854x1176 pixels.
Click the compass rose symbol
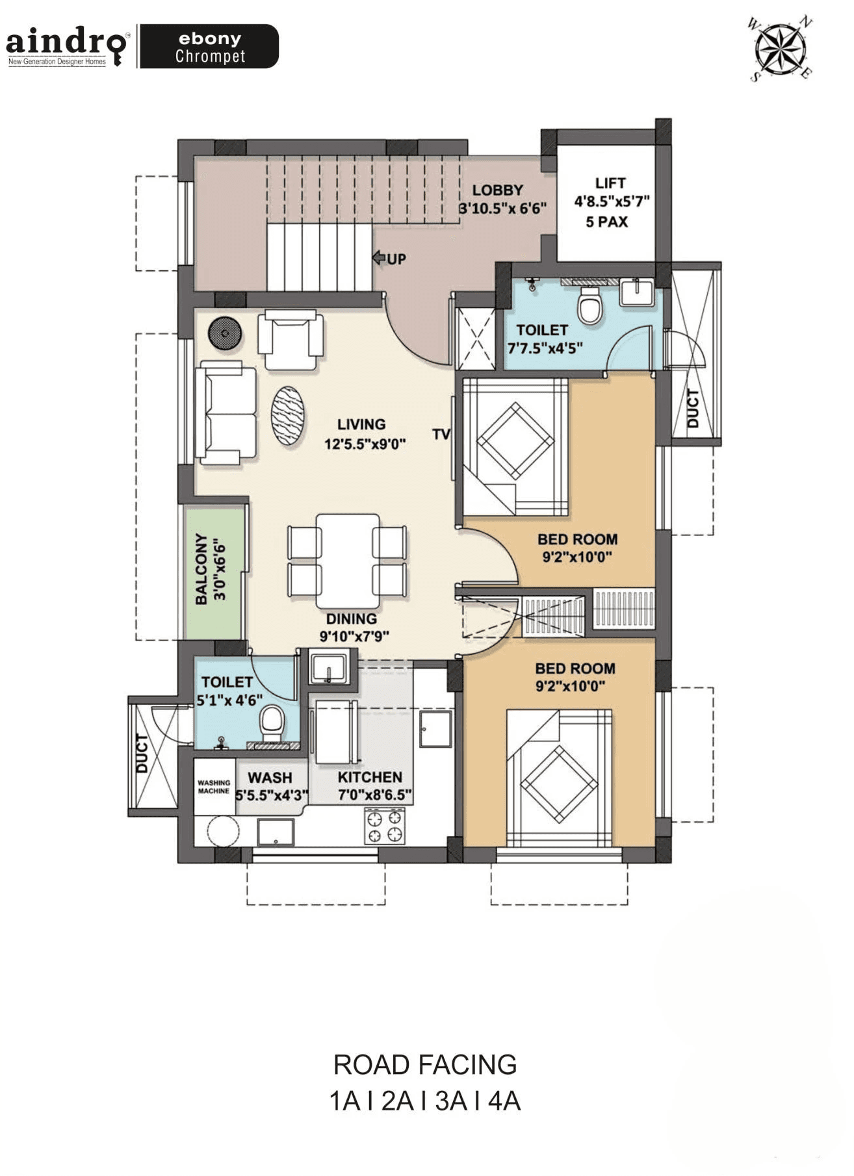[780, 49]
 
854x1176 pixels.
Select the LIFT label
[610, 183]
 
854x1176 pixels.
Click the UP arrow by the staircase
[379, 259]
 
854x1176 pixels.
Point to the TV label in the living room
[441, 434]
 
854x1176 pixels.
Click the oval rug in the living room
[287, 416]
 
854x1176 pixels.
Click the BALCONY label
[201, 569]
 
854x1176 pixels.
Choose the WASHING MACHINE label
[214, 787]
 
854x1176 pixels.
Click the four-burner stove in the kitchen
[384, 826]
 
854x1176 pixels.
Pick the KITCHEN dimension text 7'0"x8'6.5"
[374, 795]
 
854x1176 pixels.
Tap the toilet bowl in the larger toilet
[590, 305]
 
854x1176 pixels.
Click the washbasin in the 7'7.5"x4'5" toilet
[637, 292]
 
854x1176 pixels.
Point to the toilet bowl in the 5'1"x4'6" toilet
[271, 723]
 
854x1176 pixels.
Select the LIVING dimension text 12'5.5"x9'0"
[365, 444]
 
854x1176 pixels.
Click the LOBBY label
[498, 190]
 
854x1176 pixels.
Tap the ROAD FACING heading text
[425, 1065]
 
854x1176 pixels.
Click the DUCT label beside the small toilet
[142, 754]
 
